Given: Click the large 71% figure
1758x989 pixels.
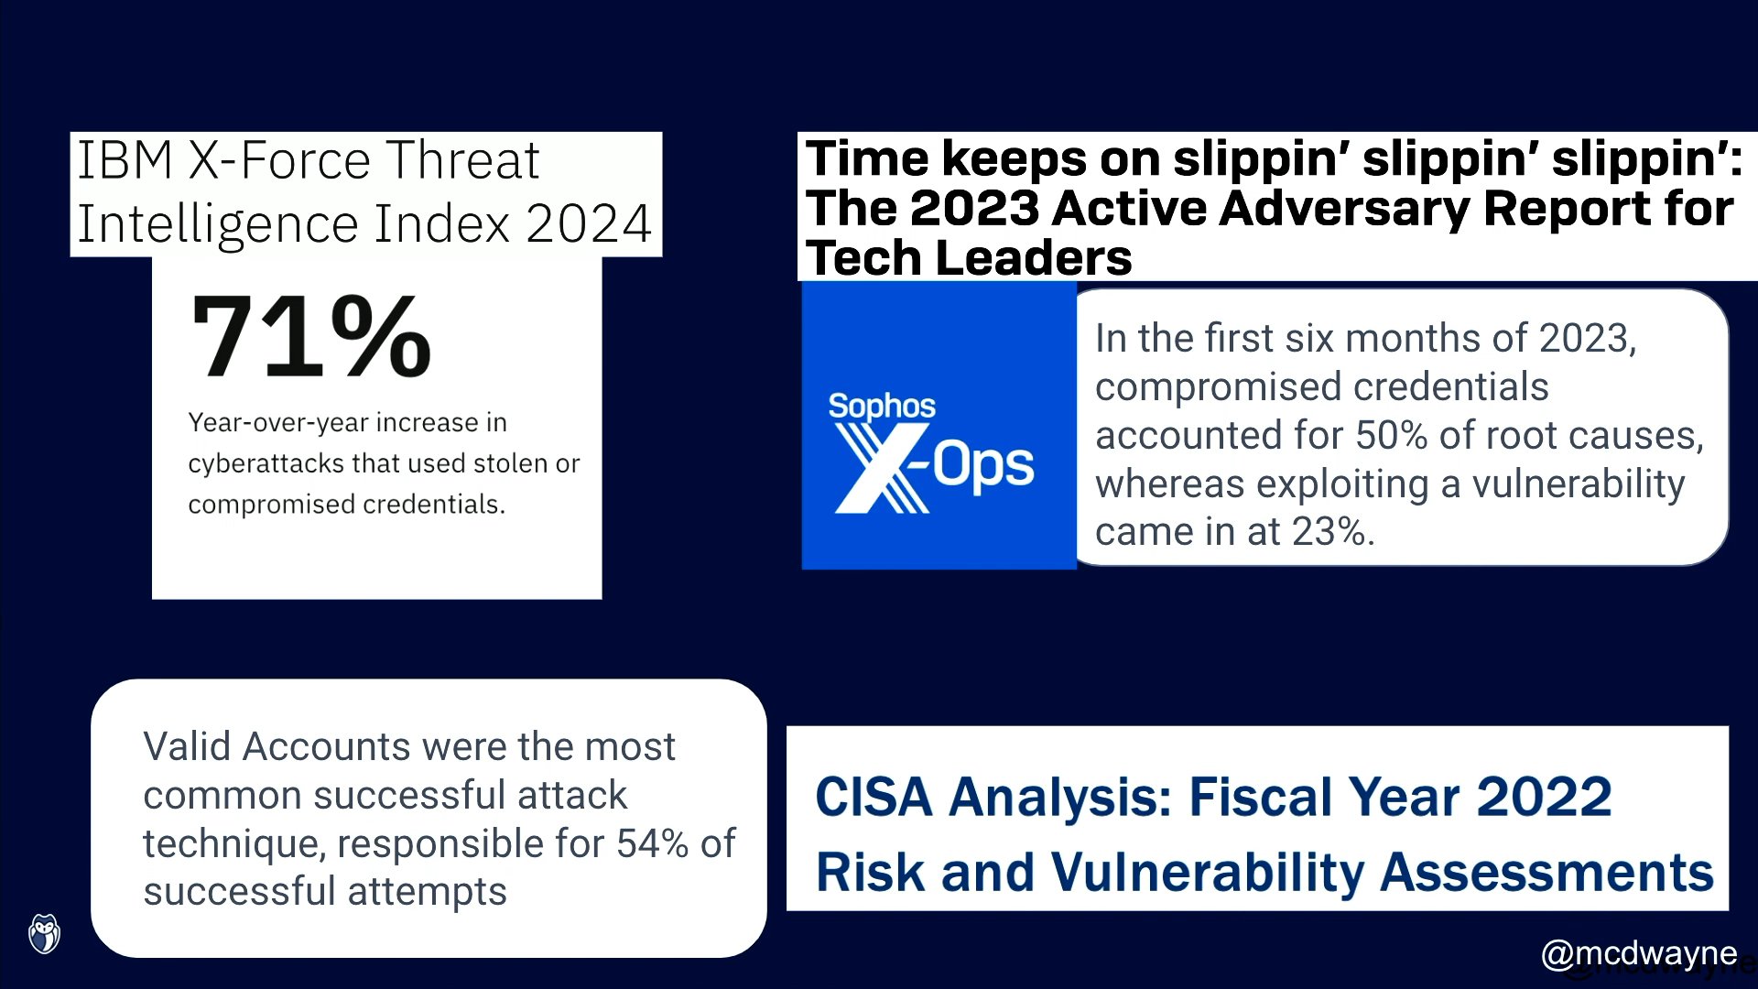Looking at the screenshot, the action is coord(310,336).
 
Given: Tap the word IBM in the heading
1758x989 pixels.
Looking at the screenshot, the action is coord(125,160).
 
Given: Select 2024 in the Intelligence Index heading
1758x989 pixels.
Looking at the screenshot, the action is coord(589,223).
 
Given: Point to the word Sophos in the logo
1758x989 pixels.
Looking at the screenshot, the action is coord(882,406).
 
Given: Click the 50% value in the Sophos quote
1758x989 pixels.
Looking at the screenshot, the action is coord(1391,436).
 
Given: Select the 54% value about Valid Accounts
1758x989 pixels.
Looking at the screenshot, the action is coord(652,843).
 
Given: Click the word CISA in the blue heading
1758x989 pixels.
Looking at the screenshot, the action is coord(874,797).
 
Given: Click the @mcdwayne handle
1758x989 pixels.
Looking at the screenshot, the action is coord(1639,953).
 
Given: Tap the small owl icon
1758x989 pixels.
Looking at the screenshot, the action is coord(44,934).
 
